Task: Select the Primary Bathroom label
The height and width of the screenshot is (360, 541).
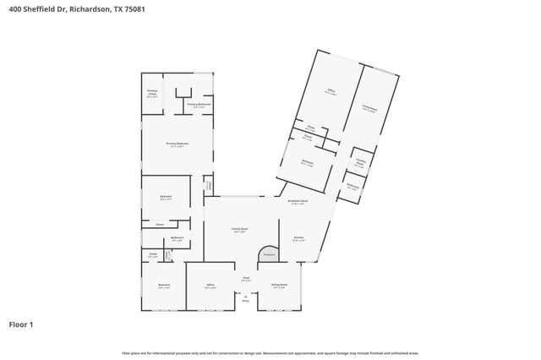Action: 198,105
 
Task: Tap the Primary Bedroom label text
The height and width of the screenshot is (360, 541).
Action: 177,145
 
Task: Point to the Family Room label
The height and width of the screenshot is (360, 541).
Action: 240,229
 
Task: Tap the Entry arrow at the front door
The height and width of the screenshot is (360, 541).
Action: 246,297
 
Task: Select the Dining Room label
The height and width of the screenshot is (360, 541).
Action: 279,285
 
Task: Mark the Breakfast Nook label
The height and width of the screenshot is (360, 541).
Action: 298,201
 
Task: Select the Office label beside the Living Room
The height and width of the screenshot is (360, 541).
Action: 331,91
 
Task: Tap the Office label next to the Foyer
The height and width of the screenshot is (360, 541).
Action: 210,286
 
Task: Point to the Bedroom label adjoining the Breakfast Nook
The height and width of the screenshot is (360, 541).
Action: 308,162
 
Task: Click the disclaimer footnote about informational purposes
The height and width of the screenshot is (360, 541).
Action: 270,352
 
